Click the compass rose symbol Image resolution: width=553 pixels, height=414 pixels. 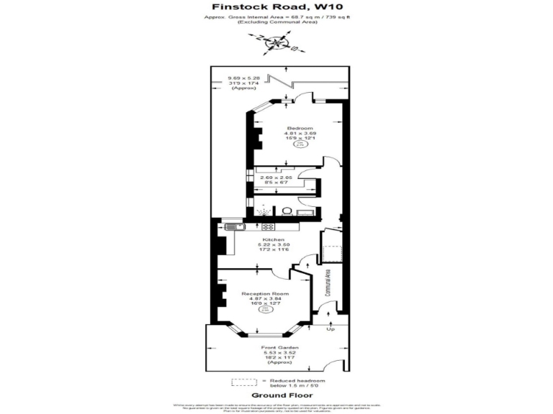[x=276, y=44]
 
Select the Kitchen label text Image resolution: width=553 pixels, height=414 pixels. [x=273, y=239]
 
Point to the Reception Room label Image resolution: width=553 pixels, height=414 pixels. [x=265, y=294]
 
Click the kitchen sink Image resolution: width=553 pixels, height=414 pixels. [x=232, y=227]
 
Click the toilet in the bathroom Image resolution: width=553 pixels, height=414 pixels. [x=286, y=211]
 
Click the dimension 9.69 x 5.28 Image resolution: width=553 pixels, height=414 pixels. [x=243, y=78]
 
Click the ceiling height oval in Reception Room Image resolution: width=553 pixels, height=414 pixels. [x=265, y=310]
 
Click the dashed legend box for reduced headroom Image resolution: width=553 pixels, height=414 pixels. [x=243, y=382]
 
